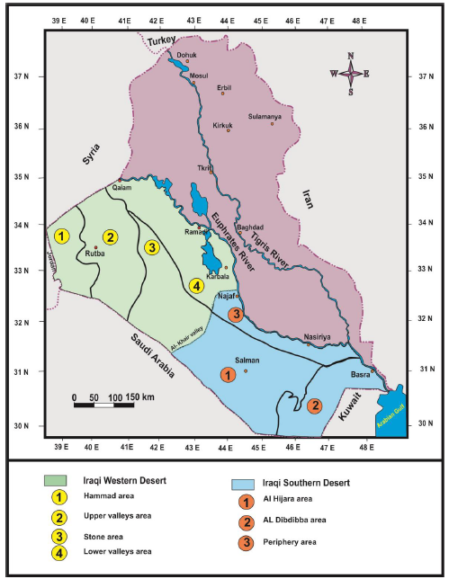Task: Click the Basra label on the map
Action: pyautogui.click(x=357, y=375)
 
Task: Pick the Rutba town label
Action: pyautogui.click(x=96, y=254)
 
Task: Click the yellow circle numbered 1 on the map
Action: pyautogui.click(x=61, y=236)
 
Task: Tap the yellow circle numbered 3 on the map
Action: pyautogui.click(x=152, y=247)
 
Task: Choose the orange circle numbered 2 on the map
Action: pyautogui.click(x=314, y=405)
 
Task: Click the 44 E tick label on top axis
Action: pyautogui.click(x=227, y=19)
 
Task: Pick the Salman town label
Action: pyautogui.click(x=247, y=360)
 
